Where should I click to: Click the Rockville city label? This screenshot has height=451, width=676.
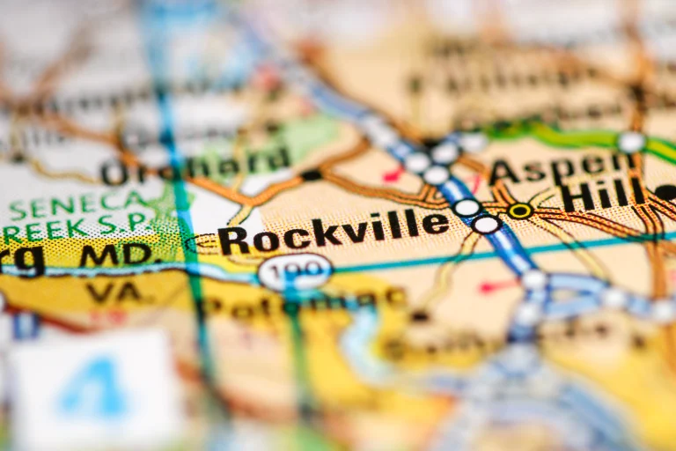(x=334, y=231)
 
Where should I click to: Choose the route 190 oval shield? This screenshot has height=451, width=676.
(x=295, y=270)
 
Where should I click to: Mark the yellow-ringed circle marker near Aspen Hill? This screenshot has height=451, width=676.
(x=520, y=211)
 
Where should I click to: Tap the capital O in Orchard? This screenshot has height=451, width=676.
(x=114, y=173)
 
